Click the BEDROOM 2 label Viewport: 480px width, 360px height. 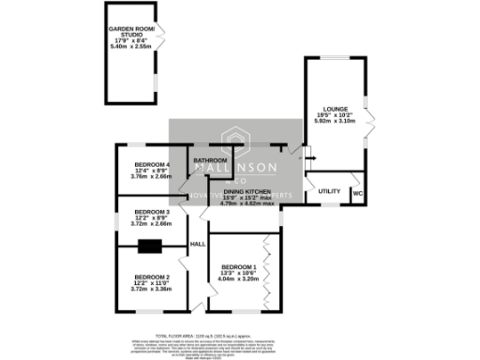pyautogui.click(x=151, y=277)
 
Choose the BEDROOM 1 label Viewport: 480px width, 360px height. pyautogui.click(x=236, y=266)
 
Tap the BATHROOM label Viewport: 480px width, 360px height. pyautogui.click(x=211, y=160)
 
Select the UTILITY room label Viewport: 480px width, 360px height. pyautogui.click(x=329, y=190)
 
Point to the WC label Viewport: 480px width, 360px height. pyautogui.click(x=358, y=195)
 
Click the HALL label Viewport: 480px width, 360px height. pyautogui.click(x=198, y=244)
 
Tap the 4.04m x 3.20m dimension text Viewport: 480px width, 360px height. pyautogui.click(x=236, y=278)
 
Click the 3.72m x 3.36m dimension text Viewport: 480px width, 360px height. pyautogui.click(x=151, y=290)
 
